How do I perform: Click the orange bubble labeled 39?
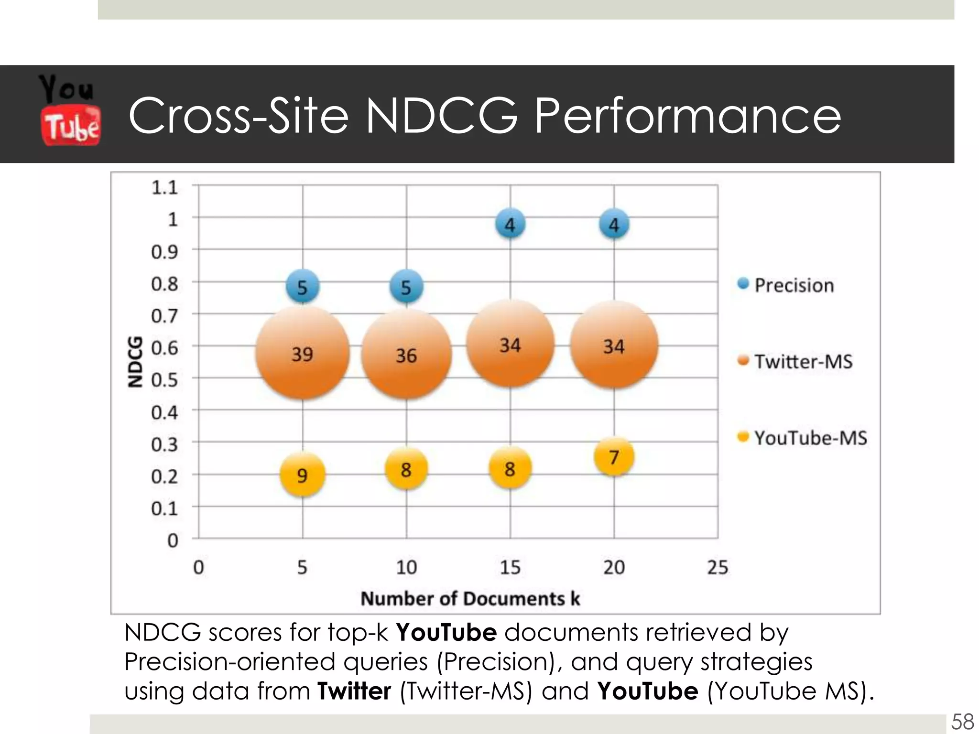[302, 354]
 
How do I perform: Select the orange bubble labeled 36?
[406, 355]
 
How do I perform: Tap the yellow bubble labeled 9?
[302, 475]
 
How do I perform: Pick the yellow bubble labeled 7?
[614, 457]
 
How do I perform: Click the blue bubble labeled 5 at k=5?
[302, 287]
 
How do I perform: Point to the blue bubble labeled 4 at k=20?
[614, 224]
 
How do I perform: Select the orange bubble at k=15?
[510, 344]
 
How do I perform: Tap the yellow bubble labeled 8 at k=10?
[406, 469]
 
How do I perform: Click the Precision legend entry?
[794, 285]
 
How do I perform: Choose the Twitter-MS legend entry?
[803, 361]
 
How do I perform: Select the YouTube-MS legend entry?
[810, 438]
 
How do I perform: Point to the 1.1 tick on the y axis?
[164, 187]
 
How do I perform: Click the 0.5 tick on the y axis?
[164, 380]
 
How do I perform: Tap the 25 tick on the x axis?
[718, 567]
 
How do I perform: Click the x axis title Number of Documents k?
[470, 598]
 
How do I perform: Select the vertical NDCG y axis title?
[136, 362]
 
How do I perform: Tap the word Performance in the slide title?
[687, 116]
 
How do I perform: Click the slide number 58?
[962, 721]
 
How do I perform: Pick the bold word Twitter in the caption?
[354, 691]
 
